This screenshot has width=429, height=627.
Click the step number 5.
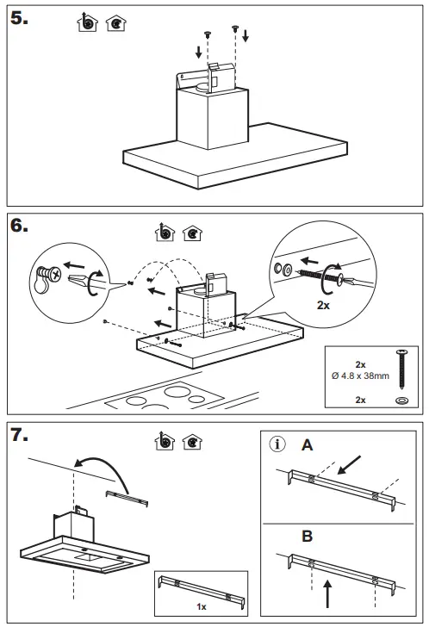[x=19, y=22]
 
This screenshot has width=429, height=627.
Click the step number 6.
[x=19, y=227]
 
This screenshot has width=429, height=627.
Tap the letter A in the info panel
[x=306, y=445]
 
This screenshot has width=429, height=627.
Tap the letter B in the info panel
[x=307, y=536]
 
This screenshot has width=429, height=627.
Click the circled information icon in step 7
[x=277, y=445]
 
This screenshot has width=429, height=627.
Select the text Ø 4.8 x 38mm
[x=361, y=375]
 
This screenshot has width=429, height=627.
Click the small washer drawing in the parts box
[x=401, y=400]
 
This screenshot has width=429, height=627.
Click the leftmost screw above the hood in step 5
[x=208, y=33]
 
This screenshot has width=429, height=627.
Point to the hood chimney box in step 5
[x=209, y=121]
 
